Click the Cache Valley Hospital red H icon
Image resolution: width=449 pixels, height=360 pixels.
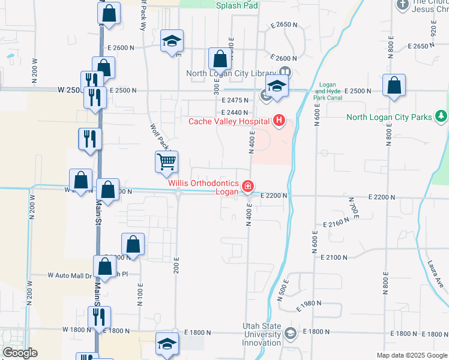coord(279,121)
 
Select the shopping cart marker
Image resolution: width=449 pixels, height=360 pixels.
coord(166,161)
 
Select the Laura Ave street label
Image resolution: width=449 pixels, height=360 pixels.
coord(436,275)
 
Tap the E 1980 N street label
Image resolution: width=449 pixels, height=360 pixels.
coord(310,304)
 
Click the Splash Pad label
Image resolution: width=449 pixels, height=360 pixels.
coord(238,5)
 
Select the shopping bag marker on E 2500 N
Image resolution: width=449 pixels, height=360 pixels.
coord(394,86)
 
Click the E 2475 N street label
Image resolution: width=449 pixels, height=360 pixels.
coord(240,101)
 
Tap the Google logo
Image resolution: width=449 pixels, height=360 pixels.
coord(19,353)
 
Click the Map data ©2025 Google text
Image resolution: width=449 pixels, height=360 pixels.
coord(411,355)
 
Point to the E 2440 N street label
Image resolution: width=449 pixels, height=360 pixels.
coord(234,113)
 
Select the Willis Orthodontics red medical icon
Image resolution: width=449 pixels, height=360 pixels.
coord(247,188)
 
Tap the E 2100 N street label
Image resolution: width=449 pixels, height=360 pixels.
coord(334,257)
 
